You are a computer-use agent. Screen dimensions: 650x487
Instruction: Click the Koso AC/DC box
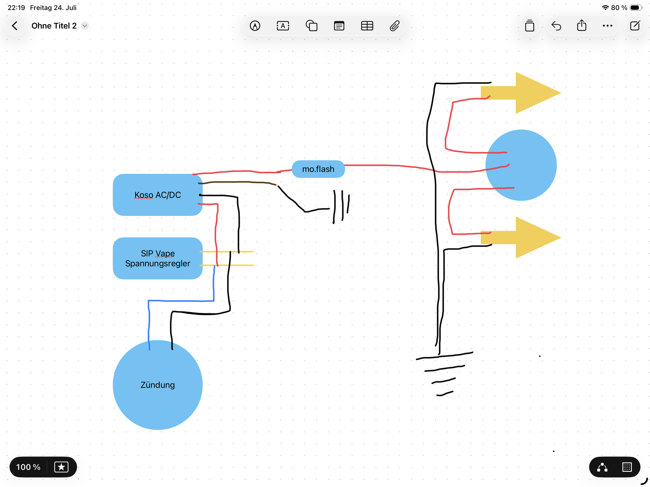point(158,195)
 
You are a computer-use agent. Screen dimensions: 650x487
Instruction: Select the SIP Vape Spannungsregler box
point(158,258)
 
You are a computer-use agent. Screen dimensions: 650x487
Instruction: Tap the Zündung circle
point(158,385)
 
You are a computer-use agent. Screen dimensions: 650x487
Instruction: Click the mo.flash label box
point(318,169)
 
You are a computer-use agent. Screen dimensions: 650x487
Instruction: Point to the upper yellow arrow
point(521,93)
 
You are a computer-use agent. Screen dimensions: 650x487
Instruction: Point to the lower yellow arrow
point(521,238)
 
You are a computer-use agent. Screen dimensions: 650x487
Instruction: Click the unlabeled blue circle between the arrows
point(521,165)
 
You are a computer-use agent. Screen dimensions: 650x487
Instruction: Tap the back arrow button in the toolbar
point(15,26)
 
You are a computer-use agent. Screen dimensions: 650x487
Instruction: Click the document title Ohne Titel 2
point(54,26)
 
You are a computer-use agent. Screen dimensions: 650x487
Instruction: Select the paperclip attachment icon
point(395,26)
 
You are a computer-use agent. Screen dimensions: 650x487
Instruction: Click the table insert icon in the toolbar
point(367,26)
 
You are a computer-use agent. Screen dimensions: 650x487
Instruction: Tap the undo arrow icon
point(556,26)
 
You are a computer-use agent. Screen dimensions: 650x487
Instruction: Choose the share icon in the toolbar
point(581,25)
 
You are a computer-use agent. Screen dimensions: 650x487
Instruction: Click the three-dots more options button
point(607,26)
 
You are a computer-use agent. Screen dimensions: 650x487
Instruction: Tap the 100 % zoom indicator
point(28,467)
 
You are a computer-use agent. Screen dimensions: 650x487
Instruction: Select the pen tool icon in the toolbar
point(255,26)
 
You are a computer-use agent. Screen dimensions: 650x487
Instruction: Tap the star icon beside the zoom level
point(61,467)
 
